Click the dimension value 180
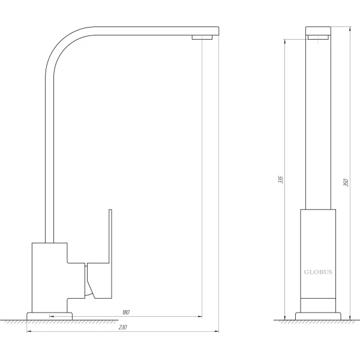coord(125,313)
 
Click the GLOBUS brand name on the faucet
coord(317,271)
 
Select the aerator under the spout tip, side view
coord(202,38)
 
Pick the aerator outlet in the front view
coord(318,37)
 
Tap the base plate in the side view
coord(50,315)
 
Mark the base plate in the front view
coord(317,316)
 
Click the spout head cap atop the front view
coord(318,30)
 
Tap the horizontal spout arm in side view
coord(150,30)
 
